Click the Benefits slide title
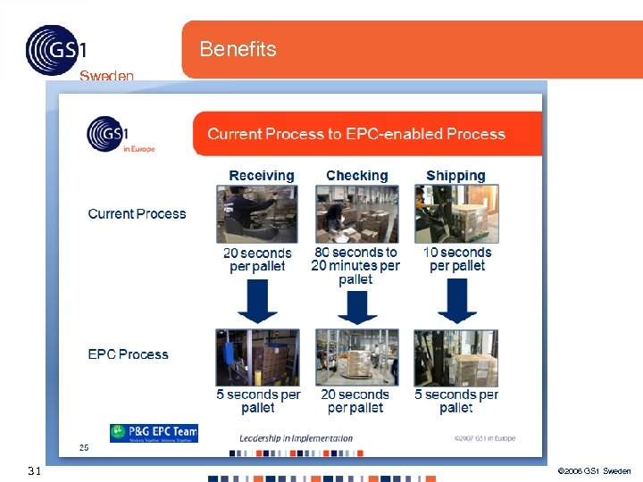(x=238, y=49)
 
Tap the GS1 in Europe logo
(x=108, y=134)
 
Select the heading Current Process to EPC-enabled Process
(x=356, y=134)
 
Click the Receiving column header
(x=261, y=176)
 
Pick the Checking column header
(x=357, y=176)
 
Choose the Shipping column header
(x=455, y=176)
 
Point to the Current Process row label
(x=137, y=214)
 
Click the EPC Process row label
(x=128, y=354)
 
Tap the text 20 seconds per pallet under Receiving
(x=257, y=260)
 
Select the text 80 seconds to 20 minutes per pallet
(x=355, y=266)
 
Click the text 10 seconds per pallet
(x=457, y=259)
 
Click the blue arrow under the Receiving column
(x=257, y=302)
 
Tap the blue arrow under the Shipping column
(x=456, y=302)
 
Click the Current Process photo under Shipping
(x=456, y=214)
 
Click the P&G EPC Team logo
(x=154, y=433)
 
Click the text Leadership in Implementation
(x=296, y=438)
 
